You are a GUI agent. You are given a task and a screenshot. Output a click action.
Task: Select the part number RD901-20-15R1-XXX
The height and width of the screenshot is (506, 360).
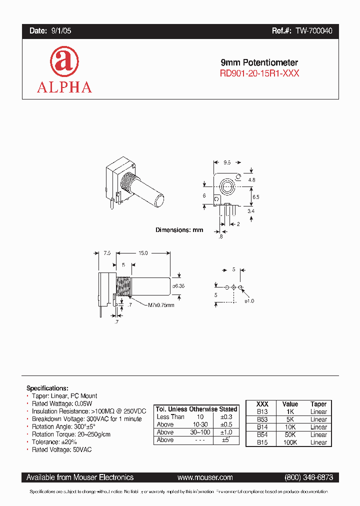pyautogui.click(x=259, y=73)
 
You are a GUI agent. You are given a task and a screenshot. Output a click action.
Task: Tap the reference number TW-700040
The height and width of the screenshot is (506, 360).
pyautogui.click(x=313, y=31)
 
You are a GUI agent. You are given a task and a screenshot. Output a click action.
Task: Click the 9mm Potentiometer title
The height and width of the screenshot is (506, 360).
pyautogui.click(x=259, y=63)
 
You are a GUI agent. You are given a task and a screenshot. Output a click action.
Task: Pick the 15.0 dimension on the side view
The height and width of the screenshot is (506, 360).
pyautogui.click(x=143, y=253)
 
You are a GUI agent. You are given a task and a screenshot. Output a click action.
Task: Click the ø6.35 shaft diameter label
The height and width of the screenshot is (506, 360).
pyautogui.click(x=178, y=286)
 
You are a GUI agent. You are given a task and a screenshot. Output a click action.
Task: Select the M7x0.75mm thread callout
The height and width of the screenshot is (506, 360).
pyautogui.click(x=161, y=305)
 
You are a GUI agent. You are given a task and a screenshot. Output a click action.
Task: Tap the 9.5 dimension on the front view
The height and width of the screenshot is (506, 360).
pyautogui.click(x=227, y=162)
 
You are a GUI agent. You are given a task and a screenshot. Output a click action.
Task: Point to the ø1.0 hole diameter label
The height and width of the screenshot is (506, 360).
pyautogui.click(x=248, y=301)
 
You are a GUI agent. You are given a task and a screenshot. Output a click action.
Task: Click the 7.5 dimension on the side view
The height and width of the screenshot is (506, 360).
pyautogui.click(x=107, y=253)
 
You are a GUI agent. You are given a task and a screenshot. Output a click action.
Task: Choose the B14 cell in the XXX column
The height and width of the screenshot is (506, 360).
pyautogui.click(x=262, y=427)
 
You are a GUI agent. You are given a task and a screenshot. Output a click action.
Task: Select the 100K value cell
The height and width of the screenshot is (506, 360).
pyautogui.click(x=290, y=442)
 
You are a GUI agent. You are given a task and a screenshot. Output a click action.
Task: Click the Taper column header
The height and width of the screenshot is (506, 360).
pyautogui.click(x=318, y=404)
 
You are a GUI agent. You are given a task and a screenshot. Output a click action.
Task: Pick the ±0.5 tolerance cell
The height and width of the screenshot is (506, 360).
pyautogui.click(x=225, y=424)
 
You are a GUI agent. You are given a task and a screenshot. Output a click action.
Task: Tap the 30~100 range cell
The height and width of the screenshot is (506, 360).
pyautogui.click(x=199, y=432)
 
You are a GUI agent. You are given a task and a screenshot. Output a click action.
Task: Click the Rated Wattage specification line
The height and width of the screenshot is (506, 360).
pyautogui.click(x=62, y=403)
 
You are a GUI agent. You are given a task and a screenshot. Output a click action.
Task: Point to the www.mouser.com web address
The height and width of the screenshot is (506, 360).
pyautogui.click(x=205, y=477)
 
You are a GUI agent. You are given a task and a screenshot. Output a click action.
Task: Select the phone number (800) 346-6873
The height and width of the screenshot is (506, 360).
pyautogui.click(x=308, y=477)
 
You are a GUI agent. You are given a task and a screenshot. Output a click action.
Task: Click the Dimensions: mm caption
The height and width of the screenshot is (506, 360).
pyautogui.click(x=179, y=230)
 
